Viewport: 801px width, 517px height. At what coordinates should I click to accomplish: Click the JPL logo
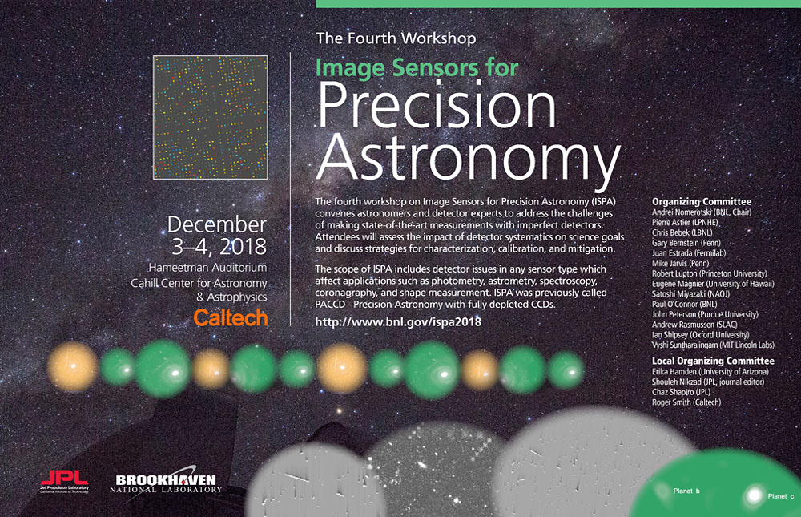coord(64,481)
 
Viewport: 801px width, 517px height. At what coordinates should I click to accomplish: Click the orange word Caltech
coord(231,317)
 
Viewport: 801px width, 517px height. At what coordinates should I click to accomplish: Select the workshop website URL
coord(398,321)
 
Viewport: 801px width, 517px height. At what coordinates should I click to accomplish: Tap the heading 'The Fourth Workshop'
coord(396,38)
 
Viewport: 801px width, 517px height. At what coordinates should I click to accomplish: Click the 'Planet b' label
coord(686,491)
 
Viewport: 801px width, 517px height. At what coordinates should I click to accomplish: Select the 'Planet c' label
coord(780,496)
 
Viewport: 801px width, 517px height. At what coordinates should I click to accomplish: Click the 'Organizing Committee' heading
coord(702,201)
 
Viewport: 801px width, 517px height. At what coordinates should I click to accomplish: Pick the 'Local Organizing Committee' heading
coord(713,361)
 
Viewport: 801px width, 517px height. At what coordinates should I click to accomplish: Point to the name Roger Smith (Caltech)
coord(686,402)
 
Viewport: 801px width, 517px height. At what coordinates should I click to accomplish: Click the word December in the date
coord(216,225)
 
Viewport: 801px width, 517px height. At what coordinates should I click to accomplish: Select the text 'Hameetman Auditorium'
coord(207,268)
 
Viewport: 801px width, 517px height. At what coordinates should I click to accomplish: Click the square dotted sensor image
coord(211,117)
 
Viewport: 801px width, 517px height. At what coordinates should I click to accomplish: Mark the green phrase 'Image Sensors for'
coord(417,68)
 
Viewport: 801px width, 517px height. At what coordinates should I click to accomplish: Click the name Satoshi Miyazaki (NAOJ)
coord(690,294)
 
